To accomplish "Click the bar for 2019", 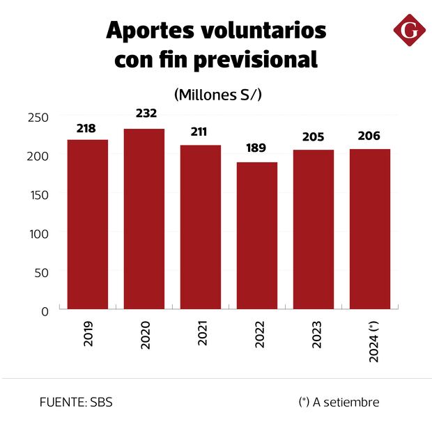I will point(88,224).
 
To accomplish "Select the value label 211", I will point(201,132).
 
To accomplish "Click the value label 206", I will point(369,136).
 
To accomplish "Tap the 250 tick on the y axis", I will point(39,118).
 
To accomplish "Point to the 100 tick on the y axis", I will point(39,234).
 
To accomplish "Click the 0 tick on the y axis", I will point(45,311).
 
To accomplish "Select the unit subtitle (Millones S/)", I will point(217,94).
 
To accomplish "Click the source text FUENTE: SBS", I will point(76,403).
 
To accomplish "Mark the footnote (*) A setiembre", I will point(339,403).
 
